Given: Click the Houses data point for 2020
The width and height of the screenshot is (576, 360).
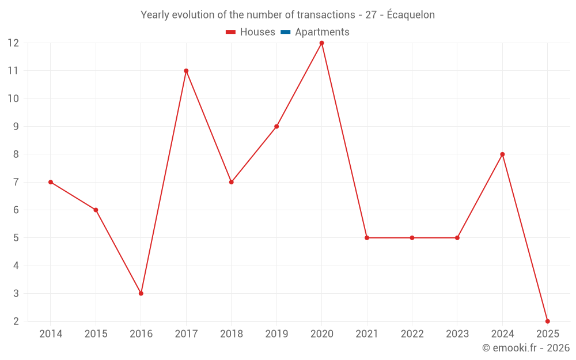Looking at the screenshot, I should pyautogui.click(x=321, y=43).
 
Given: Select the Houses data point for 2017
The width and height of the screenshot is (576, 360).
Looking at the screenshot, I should pyautogui.click(x=186, y=71).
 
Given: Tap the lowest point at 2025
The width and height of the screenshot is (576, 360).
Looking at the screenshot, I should pyautogui.click(x=547, y=321).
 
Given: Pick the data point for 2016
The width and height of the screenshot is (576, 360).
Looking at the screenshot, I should pyautogui.click(x=141, y=293).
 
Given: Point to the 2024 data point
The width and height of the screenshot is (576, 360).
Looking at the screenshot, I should pyautogui.click(x=502, y=154).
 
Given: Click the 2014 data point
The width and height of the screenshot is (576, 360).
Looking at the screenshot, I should pyautogui.click(x=51, y=182).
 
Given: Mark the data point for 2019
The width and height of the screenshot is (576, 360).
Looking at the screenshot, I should pyautogui.click(x=276, y=126).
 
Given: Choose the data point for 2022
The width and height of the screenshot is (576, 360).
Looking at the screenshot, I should pyautogui.click(x=412, y=238).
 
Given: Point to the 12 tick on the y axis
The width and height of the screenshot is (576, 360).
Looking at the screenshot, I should pyautogui.click(x=13, y=43).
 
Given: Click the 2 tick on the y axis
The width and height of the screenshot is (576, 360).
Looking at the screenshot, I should pyautogui.click(x=16, y=321).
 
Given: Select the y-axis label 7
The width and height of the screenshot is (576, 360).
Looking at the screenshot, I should pyautogui.click(x=16, y=182).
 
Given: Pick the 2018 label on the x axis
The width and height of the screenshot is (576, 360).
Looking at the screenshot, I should pyautogui.click(x=231, y=334).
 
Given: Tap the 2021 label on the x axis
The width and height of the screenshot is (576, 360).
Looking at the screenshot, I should pyautogui.click(x=367, y=334).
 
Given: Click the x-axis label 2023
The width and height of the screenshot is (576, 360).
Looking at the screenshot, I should pyautogui.click(x=457, y=334).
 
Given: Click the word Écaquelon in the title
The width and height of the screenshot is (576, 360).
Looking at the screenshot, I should pyautogui.click(x=411, y=15).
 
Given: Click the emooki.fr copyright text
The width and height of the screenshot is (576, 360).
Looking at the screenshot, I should pyautogui.click(x=526, y=348).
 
